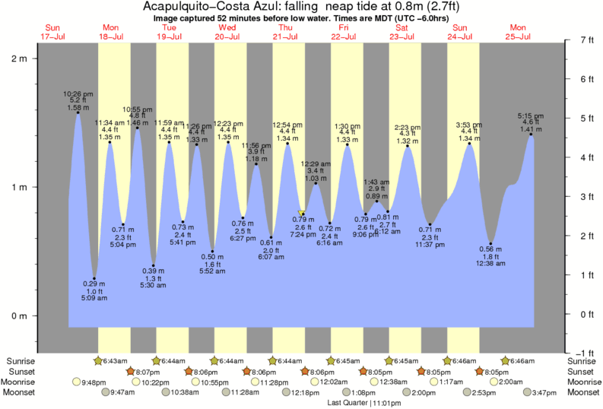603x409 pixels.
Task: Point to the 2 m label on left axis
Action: click(19, 59)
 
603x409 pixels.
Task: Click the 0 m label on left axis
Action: click(19, 315)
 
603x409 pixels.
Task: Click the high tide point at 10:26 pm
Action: click(78, 113)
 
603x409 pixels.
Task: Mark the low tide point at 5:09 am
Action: click(94, 278)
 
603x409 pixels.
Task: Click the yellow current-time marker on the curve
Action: click(302, 214)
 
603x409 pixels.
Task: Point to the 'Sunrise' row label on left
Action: click(21, 360)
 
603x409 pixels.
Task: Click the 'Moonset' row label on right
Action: click(582, 392)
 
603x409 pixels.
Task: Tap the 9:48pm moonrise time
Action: click(93, 382)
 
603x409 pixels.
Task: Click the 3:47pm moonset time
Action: click(544, 392)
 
